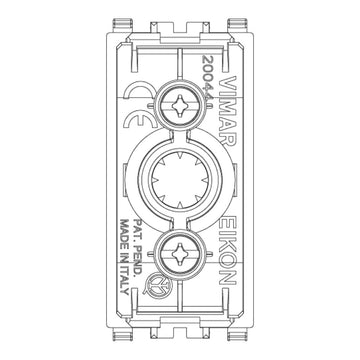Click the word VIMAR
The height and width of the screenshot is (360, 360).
click(229, 110)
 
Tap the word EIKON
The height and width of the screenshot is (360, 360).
click(229, 250)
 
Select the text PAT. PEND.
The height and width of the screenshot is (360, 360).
click(137, 247)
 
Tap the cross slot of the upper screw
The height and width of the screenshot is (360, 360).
click(180, 106)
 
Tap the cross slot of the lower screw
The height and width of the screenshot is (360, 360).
click(180, 254)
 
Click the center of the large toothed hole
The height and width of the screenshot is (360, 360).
click(180, 180)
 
